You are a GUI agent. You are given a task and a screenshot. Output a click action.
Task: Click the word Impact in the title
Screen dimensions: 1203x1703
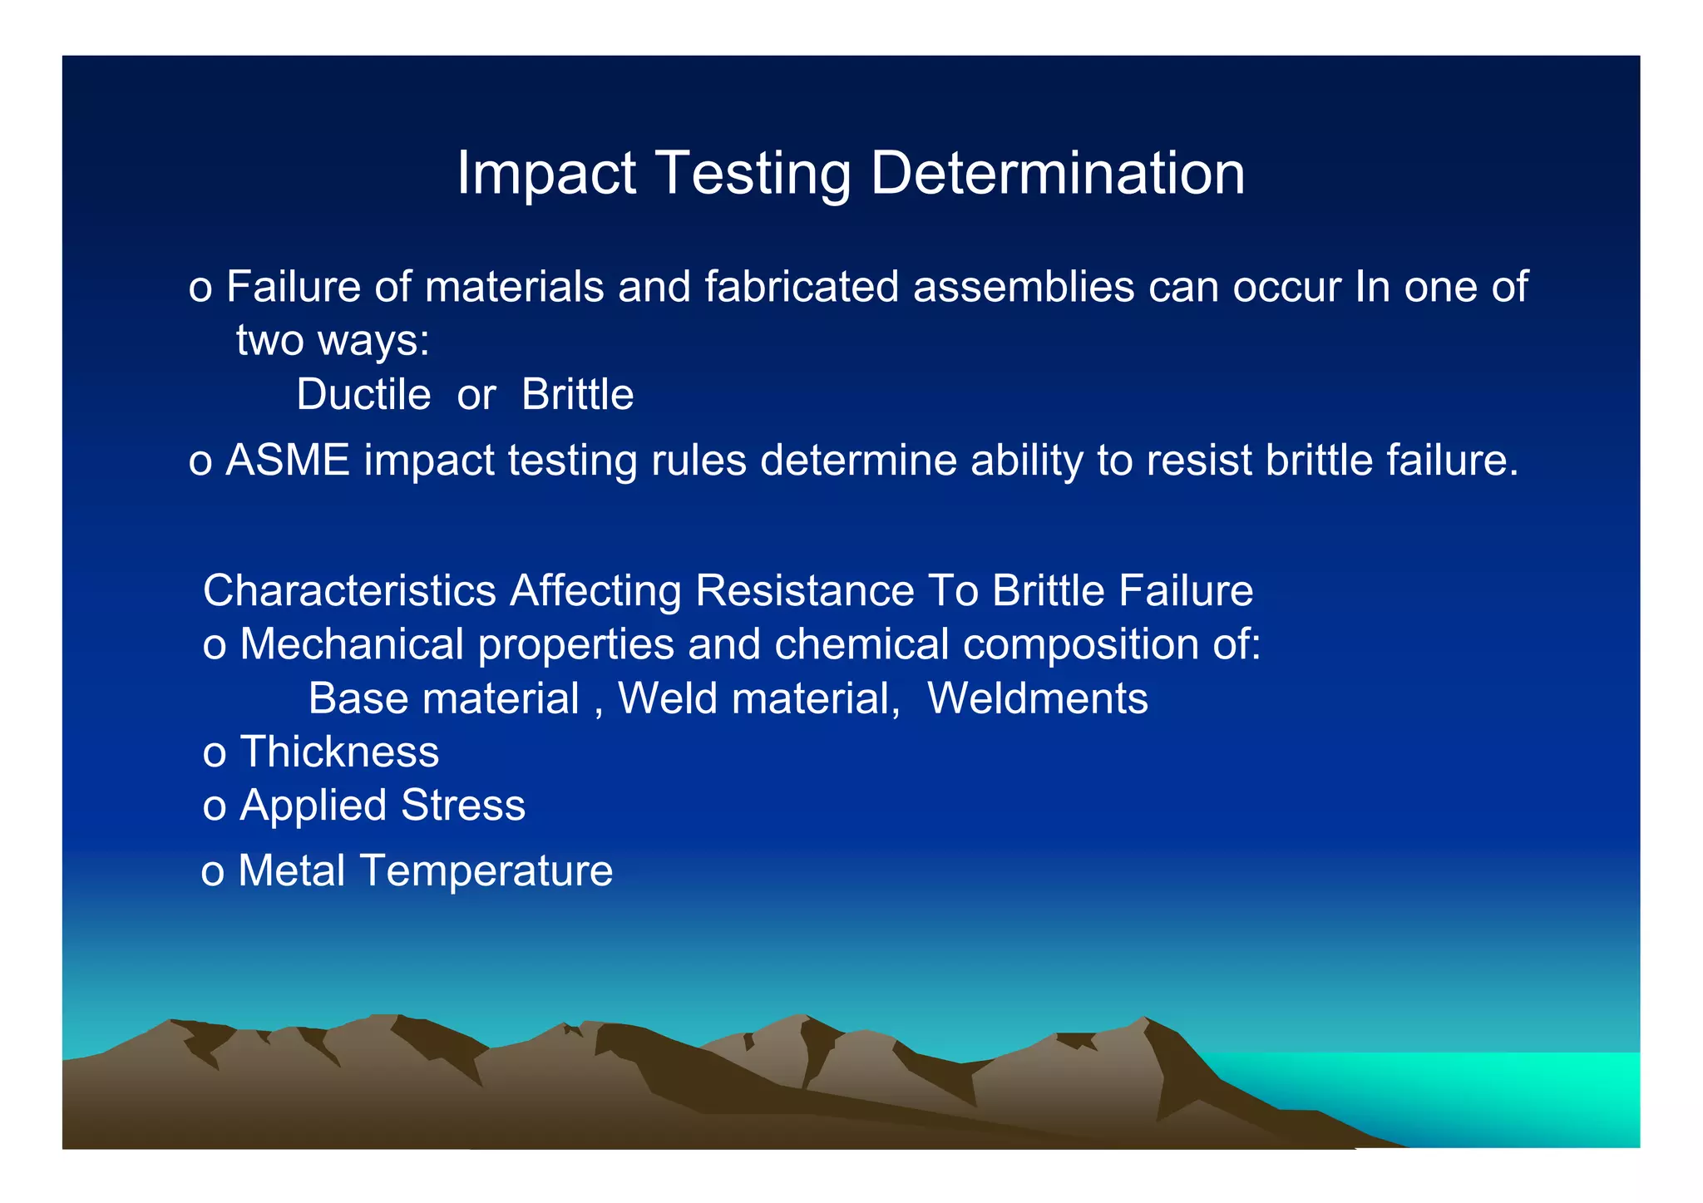point(546,174)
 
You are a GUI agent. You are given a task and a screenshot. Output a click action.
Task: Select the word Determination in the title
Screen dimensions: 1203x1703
point(1057,174)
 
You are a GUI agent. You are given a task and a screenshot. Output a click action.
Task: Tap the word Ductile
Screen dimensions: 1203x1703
point(363,394)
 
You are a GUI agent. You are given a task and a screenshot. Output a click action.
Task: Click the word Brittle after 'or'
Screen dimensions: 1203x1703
point(577,394)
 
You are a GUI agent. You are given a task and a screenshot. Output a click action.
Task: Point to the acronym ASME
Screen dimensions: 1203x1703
point(288,460)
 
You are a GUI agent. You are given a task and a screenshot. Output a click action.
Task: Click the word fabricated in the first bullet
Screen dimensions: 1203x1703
point(802,287)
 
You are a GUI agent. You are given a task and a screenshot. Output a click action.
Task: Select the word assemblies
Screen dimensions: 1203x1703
point(1024,287)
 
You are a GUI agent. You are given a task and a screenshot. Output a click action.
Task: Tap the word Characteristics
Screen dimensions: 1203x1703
point(349,591)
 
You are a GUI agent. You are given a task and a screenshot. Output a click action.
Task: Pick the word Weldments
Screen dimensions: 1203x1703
point(1037,698)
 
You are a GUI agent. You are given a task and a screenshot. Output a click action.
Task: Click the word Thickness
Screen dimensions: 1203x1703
point(339,752)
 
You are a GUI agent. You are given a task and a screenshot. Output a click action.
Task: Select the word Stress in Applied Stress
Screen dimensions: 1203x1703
point(463,805)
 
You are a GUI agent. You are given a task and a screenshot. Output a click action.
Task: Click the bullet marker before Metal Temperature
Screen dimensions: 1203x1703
point(213,873)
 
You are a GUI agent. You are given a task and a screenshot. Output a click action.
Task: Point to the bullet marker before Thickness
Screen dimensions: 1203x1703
point(215,754)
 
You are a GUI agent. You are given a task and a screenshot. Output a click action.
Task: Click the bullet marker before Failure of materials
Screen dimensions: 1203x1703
point(200,289)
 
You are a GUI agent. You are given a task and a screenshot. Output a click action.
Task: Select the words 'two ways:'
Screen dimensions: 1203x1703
point(333,340)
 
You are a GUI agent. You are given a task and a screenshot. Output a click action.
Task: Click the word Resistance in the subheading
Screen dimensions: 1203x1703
point(805,591)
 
